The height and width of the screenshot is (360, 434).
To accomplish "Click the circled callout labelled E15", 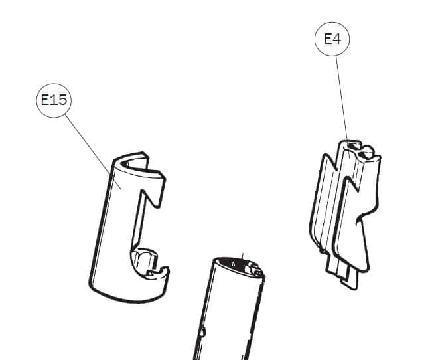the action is click(54, 100).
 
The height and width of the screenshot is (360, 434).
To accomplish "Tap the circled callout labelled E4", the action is click(332, 39).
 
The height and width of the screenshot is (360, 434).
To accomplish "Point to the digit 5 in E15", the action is click(62, 100).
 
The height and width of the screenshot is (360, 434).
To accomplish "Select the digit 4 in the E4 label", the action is click(336, 39).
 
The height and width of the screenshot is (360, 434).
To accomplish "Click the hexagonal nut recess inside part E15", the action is click(144, 260).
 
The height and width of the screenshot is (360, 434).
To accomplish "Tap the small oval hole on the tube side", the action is click(203, 331).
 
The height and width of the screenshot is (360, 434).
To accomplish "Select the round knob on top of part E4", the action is click(367, 152).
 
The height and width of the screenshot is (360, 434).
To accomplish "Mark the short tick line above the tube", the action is click(243, 256).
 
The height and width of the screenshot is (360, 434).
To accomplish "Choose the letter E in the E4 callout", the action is click(328, 39).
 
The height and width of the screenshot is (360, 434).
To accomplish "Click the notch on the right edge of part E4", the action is click(360, 219).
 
